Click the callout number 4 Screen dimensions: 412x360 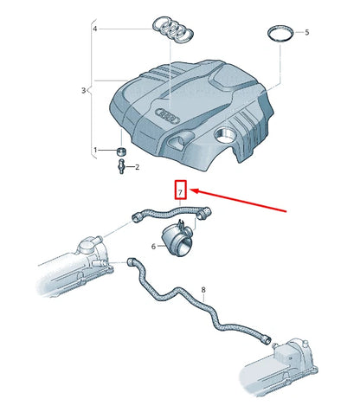96,29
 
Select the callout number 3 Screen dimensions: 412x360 84,90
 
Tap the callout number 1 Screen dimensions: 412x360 96,151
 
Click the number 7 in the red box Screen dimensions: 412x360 180,190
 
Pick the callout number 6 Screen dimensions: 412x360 153,247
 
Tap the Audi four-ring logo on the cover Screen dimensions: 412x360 166,114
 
